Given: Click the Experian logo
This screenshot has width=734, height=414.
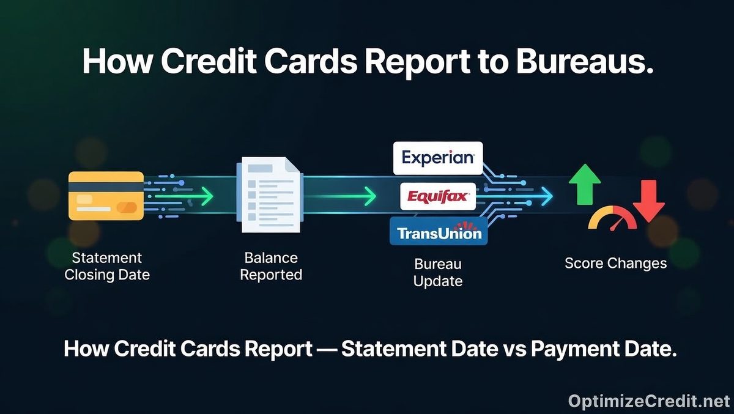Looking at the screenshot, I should tap(437, 158).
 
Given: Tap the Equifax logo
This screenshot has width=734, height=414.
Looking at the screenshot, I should tap(437, 197).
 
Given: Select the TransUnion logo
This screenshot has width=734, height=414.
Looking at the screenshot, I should tap(439, 232).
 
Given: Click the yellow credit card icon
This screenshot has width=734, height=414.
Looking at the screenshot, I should tap(106, 196).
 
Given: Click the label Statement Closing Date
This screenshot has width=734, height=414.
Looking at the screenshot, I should tap(107, 266).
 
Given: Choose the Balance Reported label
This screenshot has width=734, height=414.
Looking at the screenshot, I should tap(271, 266).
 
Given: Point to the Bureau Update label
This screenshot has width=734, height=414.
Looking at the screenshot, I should tap(437, 273).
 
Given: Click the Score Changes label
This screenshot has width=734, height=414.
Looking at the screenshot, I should tap(615, 264).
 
